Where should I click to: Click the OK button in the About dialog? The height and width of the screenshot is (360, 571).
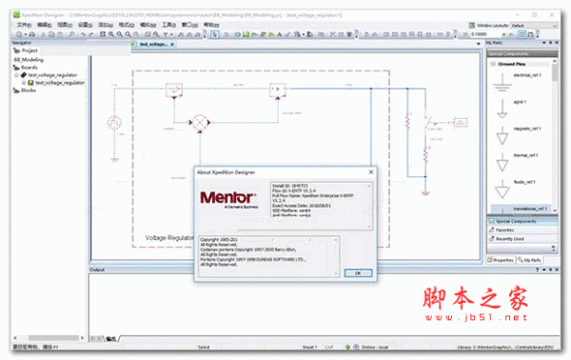point(356,272)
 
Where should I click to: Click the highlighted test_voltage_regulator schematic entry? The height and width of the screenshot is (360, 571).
point(59,83)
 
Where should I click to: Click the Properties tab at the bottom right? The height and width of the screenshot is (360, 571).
point(502,259)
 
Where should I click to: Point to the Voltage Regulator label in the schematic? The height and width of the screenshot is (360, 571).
point(170,236)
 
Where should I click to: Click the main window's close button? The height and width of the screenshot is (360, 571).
point(563,6)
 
